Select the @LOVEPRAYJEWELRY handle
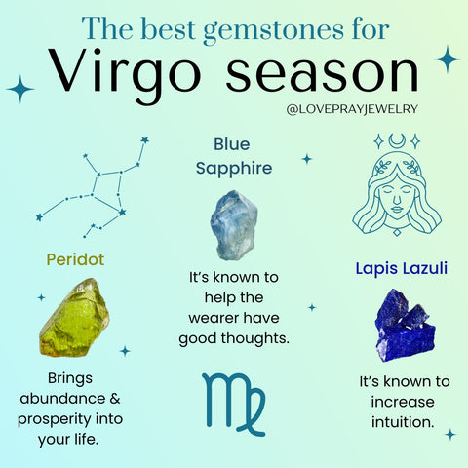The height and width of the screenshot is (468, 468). (353, 109)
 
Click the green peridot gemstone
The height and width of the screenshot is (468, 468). (73, 316)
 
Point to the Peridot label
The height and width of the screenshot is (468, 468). (75, 260)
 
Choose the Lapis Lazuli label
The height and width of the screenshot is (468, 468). (402, 266)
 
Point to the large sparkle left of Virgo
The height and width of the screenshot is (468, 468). (19, 89)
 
